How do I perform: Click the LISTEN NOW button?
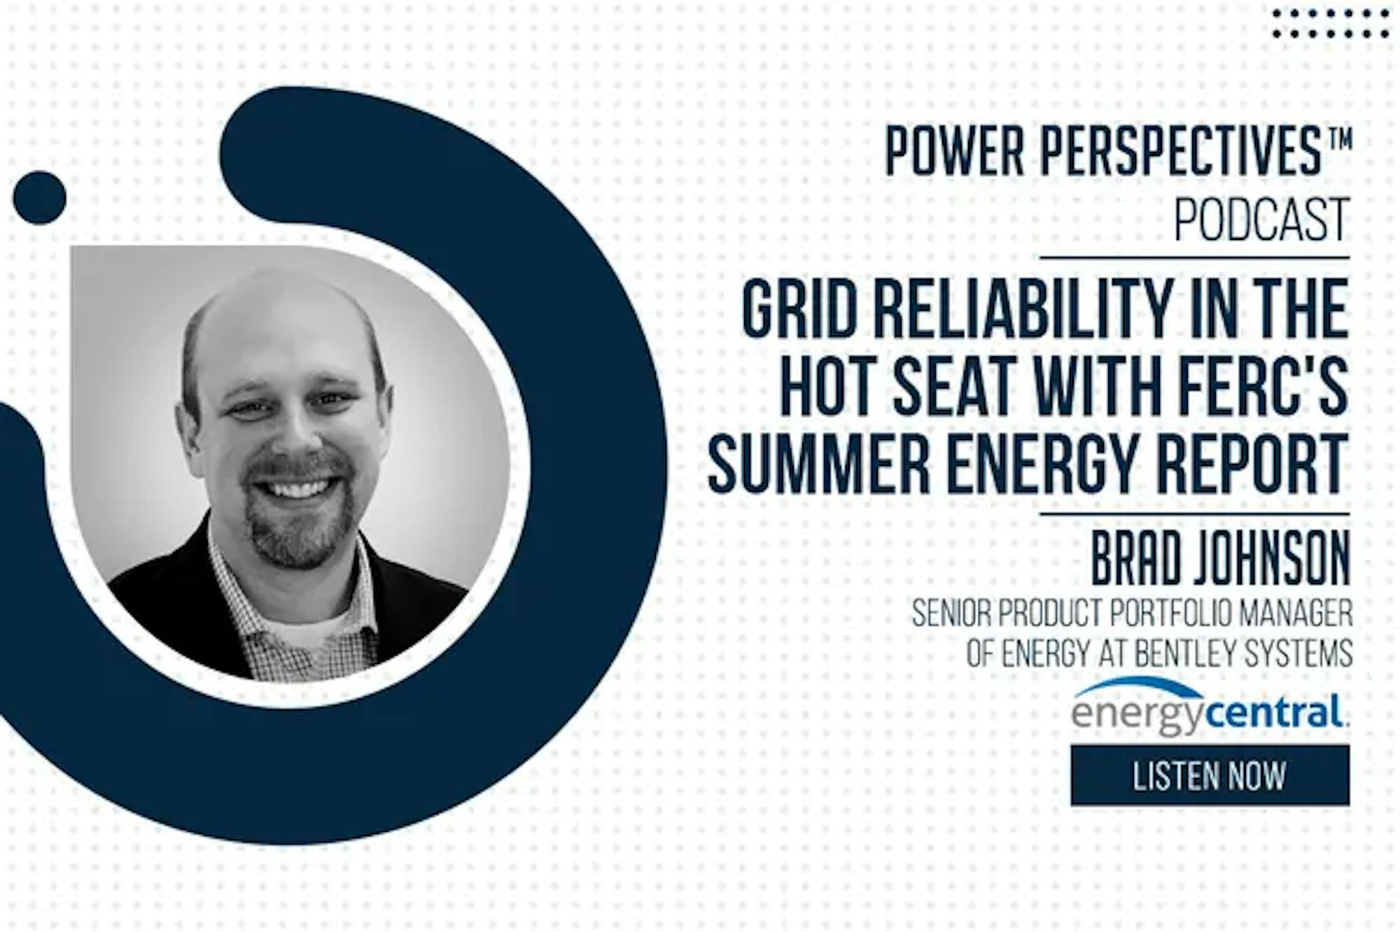point(1210,775)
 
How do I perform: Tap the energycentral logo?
point(1210,707)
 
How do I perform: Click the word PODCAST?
point(1261,219)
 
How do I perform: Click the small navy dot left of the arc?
point(40,198)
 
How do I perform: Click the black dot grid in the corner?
point(1331,23)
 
